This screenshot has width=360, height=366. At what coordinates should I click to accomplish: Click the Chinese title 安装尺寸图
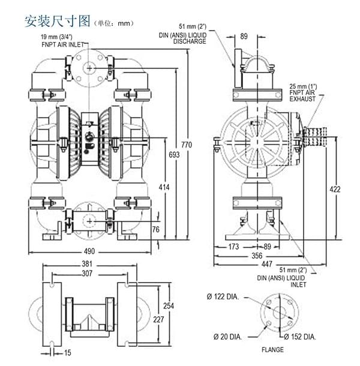coord(56,22)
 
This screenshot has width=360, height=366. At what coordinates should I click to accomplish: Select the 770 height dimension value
coord(187,145)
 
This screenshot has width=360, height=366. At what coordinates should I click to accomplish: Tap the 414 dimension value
coord(164,188)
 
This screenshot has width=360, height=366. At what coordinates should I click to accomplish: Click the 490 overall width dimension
coord(89,251)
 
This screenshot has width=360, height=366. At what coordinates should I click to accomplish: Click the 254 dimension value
coord(169,306)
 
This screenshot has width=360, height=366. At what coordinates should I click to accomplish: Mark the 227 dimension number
coord(158,319)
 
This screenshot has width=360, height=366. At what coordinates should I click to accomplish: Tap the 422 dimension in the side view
coord(335,190)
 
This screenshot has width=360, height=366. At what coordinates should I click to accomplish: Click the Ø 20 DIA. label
coord(226,337)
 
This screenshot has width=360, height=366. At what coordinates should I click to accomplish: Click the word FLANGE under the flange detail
coord(272,350)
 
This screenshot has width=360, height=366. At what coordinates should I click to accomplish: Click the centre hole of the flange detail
coord(279,313)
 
